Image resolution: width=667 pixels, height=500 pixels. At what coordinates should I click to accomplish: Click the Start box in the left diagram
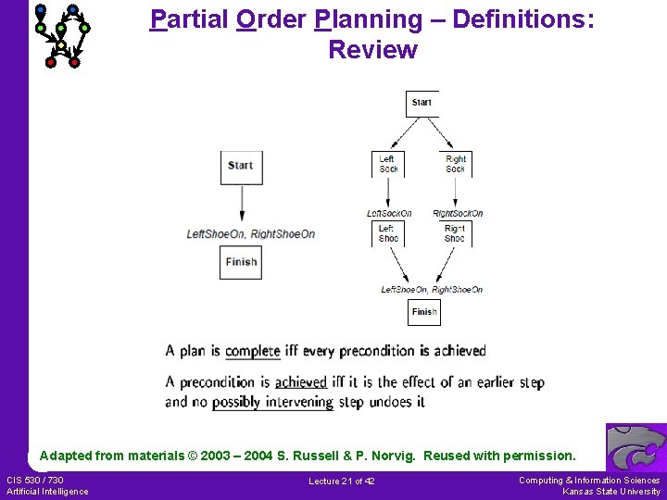(240, 166)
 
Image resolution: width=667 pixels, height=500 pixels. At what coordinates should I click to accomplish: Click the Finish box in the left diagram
(240, 262)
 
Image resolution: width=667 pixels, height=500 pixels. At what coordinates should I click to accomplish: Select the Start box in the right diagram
(422, 103)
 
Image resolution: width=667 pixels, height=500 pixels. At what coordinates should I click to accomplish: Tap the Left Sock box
(388, 164)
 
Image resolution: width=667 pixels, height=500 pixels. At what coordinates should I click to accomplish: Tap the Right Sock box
(455, 164)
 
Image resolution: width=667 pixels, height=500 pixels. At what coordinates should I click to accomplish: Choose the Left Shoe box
(388, 233)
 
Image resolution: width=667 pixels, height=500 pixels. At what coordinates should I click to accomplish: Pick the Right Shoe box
(455, 233)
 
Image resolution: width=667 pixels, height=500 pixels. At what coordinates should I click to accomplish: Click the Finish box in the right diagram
(424, 312)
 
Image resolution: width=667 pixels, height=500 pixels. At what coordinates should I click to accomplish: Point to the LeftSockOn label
(389, 214)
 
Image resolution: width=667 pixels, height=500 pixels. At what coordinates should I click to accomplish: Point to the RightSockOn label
(458, 214)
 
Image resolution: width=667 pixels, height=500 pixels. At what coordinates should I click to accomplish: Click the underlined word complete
(252, 351)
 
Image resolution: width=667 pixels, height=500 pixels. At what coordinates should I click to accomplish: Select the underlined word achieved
(301, 381)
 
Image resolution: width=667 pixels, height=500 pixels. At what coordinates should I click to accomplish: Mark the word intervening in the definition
(298, 402)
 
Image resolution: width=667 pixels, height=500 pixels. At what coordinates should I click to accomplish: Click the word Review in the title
(372, 50)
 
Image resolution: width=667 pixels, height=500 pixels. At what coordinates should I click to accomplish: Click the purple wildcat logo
(636, 448)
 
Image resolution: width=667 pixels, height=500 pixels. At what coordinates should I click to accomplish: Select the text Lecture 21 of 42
(342, 481)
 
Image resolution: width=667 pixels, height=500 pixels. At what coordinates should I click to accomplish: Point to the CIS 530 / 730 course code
(35, 480)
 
